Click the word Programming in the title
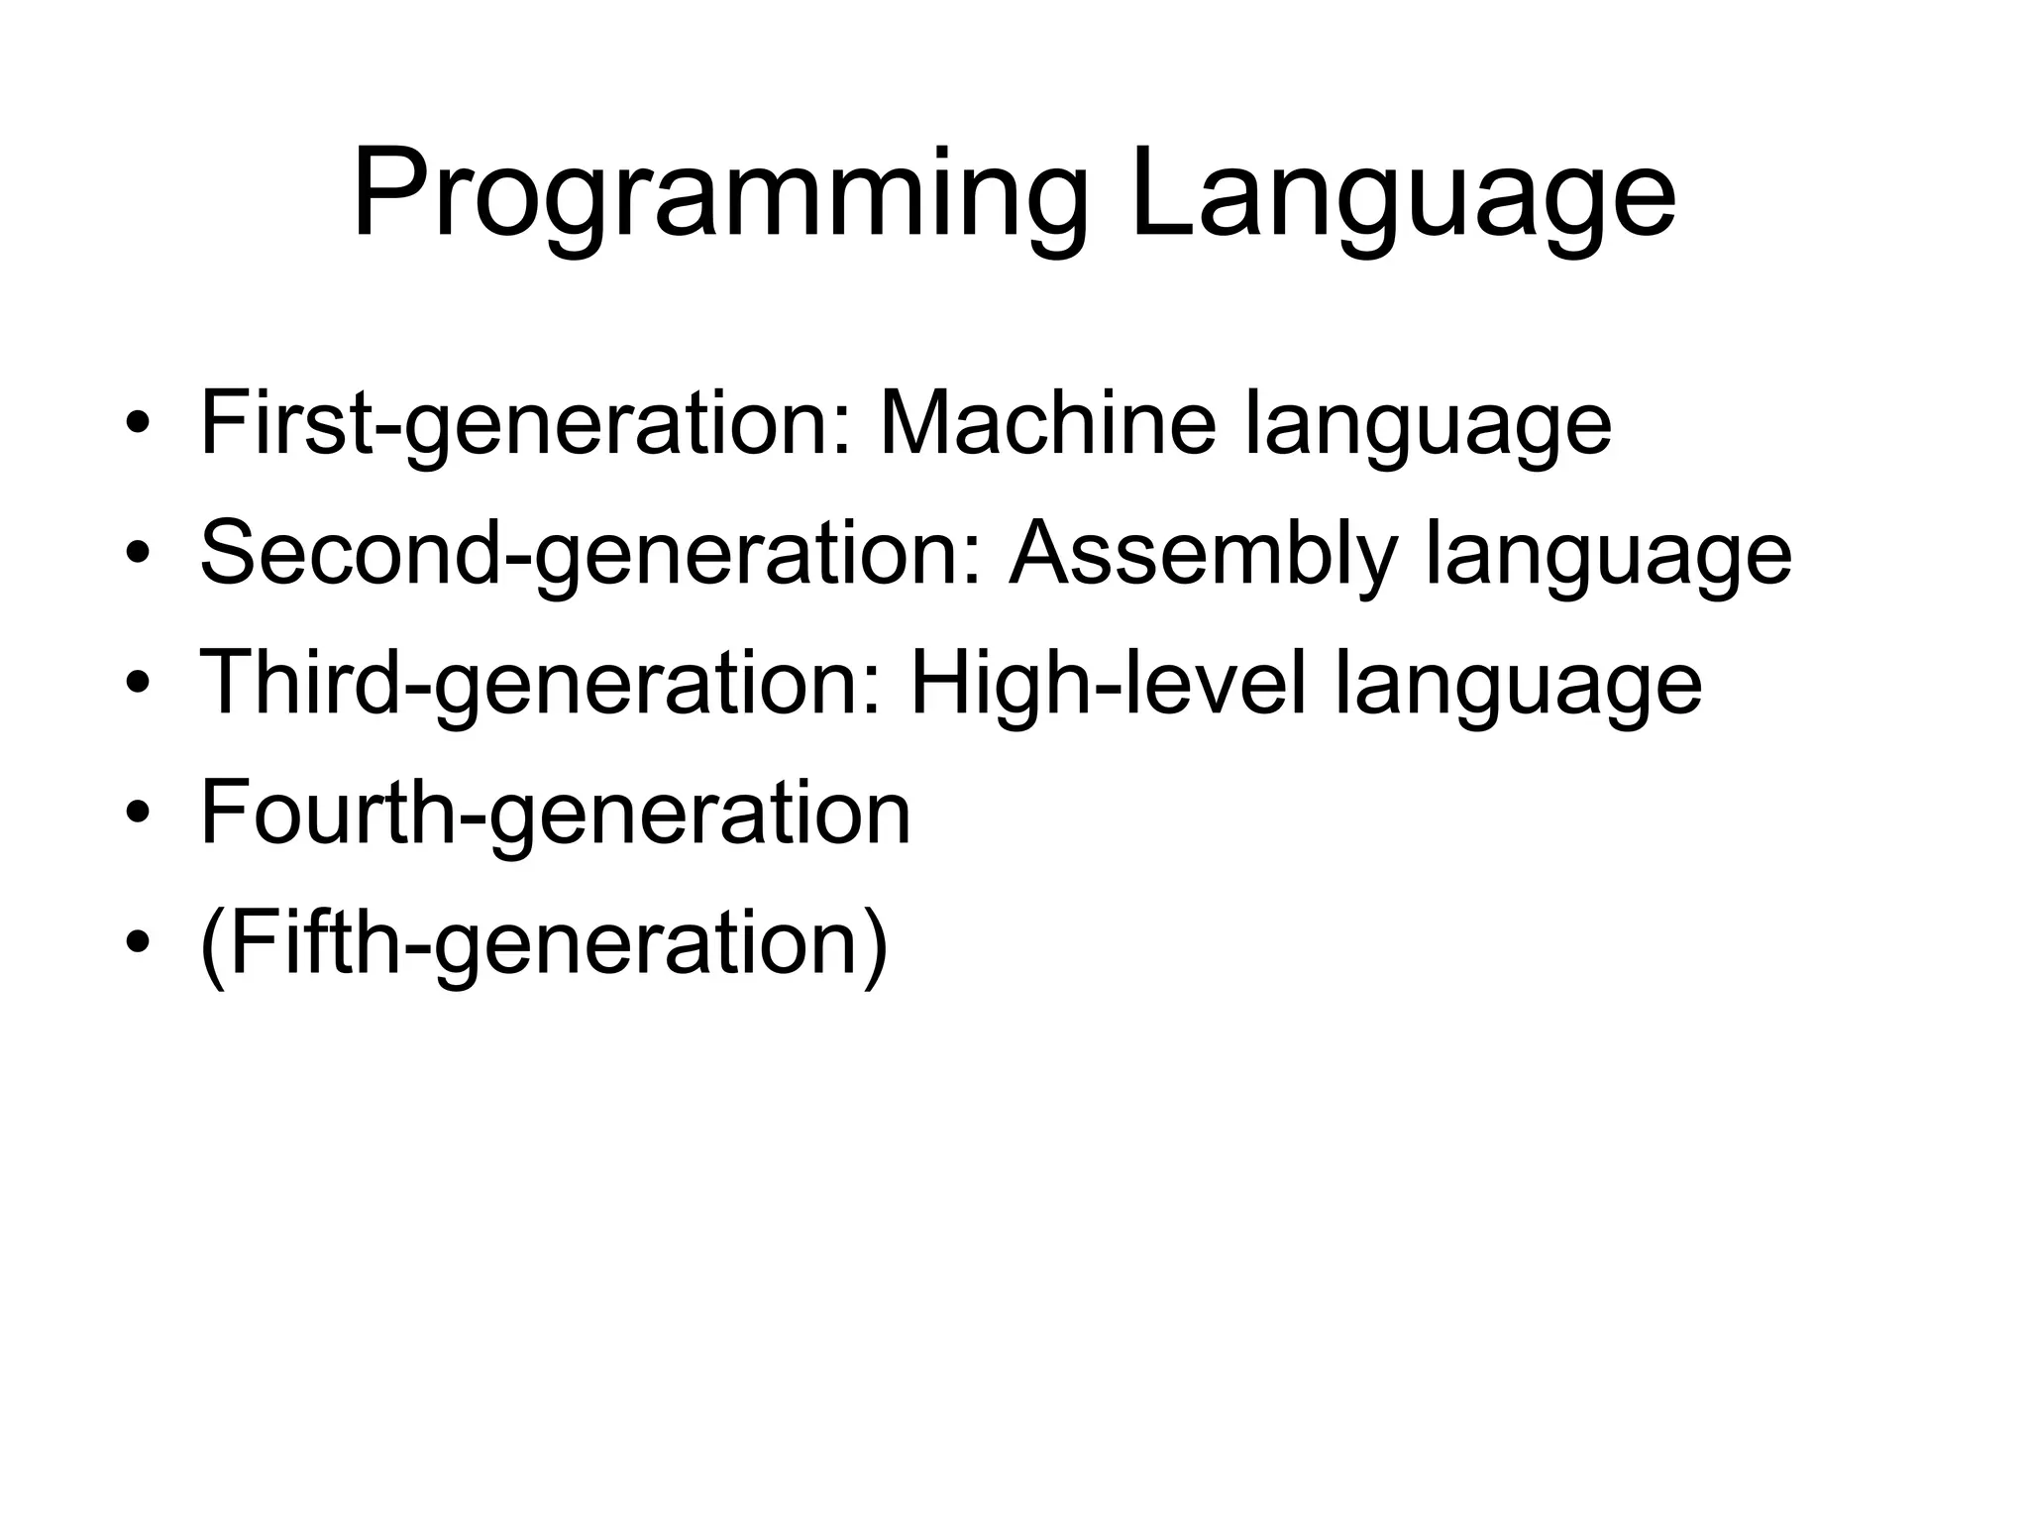720,195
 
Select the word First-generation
526,424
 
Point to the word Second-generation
591,554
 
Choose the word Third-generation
541,684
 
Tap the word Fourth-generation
555,814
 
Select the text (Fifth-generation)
543,943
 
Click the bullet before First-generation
138,424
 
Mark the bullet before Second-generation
138,554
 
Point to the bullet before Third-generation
138,684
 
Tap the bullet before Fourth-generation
138,814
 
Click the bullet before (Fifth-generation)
138,943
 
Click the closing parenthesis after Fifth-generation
875,943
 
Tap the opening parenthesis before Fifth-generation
211,943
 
